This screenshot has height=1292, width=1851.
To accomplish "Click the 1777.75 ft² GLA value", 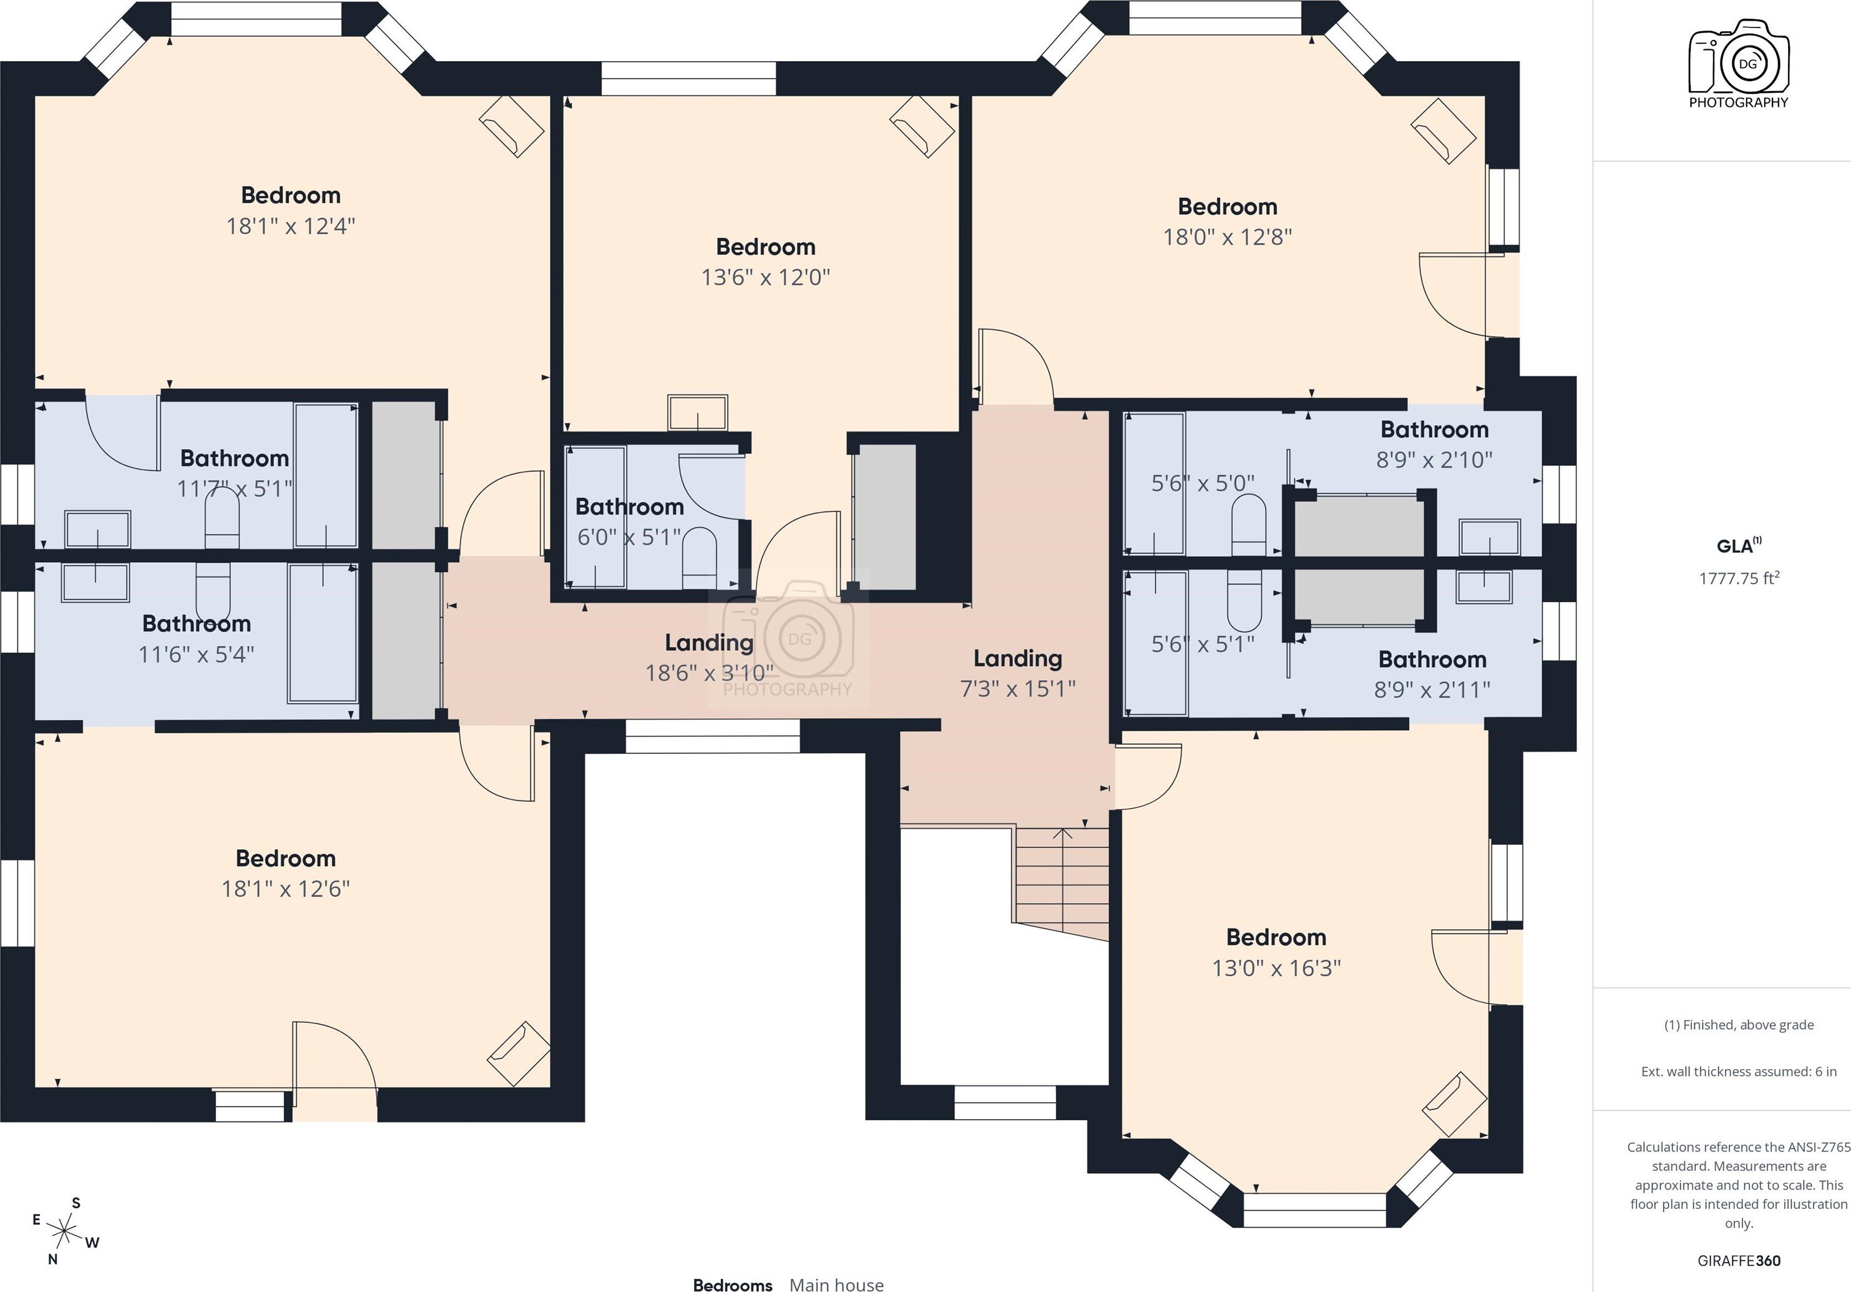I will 1739,578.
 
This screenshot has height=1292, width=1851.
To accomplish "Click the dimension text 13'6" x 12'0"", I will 765,277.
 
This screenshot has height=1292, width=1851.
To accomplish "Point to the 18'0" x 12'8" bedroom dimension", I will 1227,237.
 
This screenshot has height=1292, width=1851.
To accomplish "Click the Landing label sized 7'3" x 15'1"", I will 1017,658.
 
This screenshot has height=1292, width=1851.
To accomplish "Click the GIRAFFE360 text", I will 1739,1261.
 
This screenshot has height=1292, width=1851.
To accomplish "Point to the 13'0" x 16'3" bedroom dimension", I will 1276,968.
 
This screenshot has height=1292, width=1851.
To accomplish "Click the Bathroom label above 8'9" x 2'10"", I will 1434,429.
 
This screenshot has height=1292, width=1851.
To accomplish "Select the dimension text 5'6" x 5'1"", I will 1202,644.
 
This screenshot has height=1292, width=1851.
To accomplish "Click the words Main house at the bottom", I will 836,1285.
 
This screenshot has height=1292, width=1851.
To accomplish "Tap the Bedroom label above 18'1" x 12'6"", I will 285,858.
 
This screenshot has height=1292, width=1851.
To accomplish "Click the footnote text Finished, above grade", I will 1739,1025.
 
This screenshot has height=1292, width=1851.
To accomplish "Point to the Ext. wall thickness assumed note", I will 1739,1072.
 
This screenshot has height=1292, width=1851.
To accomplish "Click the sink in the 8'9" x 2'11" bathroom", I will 1483,586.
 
